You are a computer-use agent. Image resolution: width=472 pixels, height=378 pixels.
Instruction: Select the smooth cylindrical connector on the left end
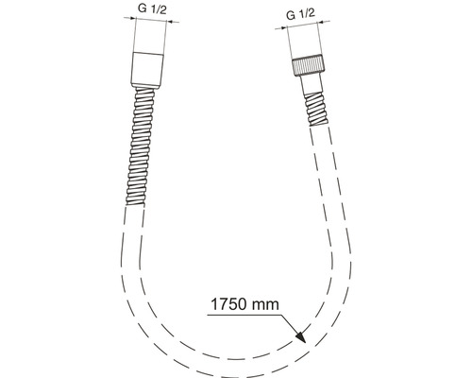click(148, 68)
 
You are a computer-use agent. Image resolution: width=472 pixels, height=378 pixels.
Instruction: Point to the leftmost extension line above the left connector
click(132, 38)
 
